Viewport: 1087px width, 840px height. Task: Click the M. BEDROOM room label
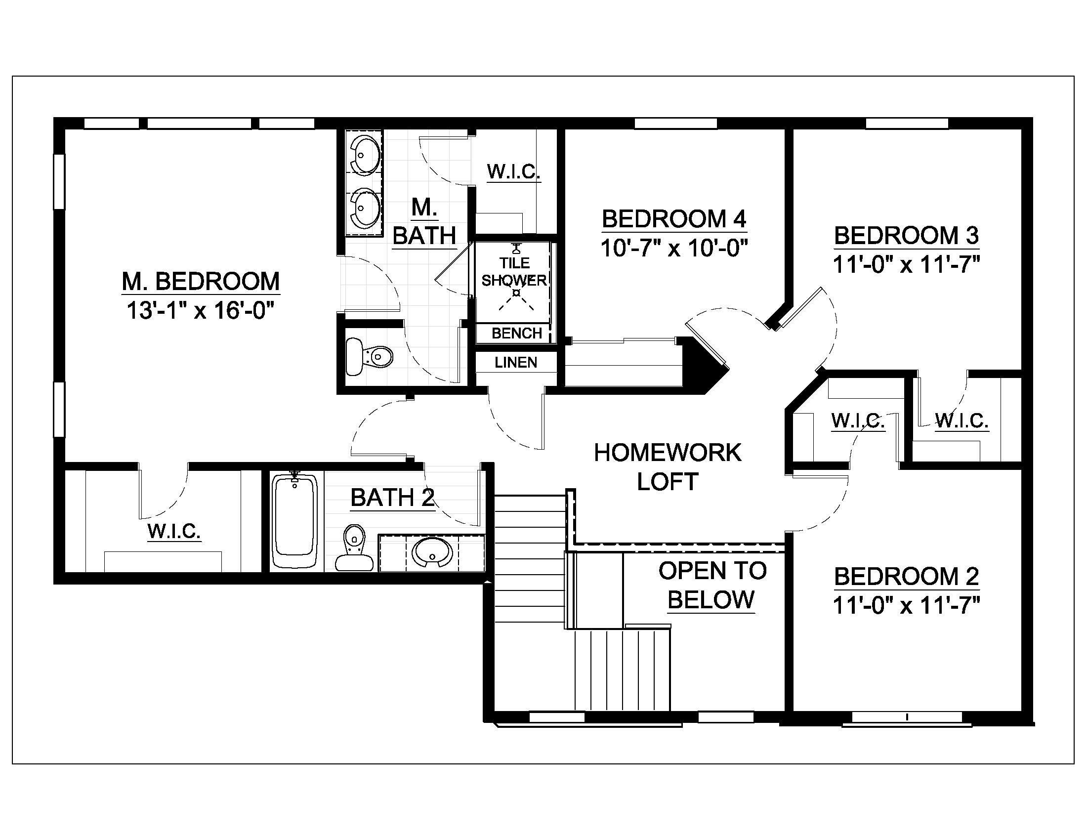[201, 282]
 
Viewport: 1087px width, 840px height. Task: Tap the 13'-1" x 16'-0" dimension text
[201, 311]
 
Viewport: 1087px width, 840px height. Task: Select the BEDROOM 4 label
[674, 219]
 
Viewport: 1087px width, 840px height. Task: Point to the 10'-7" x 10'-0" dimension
[674, 248]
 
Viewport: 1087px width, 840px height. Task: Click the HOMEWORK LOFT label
[668, 467]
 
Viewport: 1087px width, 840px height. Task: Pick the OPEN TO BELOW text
[711, 585]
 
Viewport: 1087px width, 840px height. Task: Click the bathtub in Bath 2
[294, 521]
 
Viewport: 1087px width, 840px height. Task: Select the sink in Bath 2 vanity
[431, 553]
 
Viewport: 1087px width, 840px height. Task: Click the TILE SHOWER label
[514, 272]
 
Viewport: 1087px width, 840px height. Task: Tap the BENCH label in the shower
[517, 333]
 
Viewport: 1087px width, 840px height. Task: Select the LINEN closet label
[516, 362]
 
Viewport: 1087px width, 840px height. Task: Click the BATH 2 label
[393, 497]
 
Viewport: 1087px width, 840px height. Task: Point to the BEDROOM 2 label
[906, 576]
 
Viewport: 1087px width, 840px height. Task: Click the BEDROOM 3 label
[906, 236]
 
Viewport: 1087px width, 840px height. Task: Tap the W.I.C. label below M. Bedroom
[174, 531]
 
